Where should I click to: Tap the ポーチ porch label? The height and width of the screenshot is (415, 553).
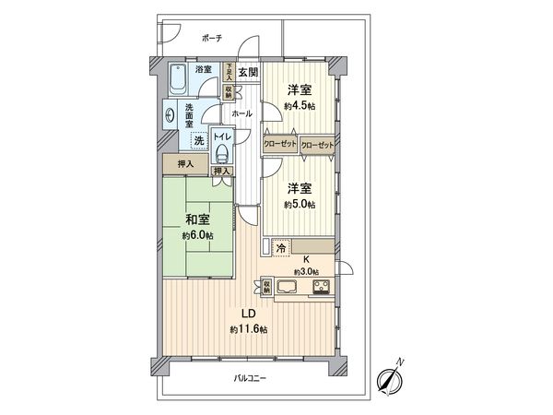pos(210,38)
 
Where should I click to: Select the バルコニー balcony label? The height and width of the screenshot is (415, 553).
pos(250,376)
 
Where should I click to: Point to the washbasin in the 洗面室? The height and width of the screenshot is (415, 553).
pos(171,116)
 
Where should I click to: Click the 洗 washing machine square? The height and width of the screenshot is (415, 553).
pos(197,140)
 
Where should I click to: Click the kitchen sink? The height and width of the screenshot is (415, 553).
pos(285,288)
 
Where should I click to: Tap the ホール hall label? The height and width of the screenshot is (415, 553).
pos(242,113)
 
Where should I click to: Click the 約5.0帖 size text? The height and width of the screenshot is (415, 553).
pos(298,204)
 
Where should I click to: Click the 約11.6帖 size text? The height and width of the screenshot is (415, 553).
pos(249,328)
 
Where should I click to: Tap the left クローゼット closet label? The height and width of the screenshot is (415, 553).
pos(279,146)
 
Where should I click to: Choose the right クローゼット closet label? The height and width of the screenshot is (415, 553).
pos(316,146)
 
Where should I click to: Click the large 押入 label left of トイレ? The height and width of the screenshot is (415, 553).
pos(184,164)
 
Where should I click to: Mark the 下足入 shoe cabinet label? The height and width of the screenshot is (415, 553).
pos(229,73)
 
